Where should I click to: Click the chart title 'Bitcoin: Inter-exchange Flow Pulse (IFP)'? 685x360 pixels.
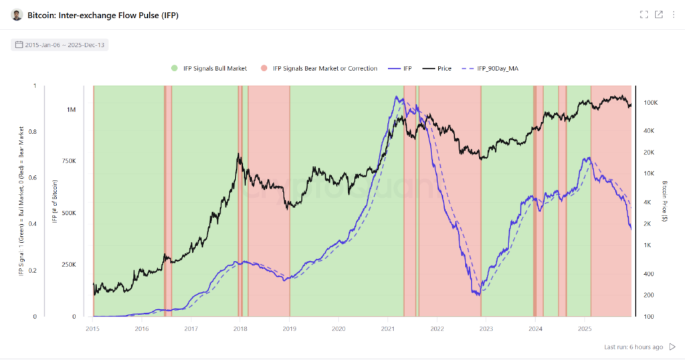(102, 15)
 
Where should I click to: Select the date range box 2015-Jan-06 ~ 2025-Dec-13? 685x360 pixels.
(60, 45)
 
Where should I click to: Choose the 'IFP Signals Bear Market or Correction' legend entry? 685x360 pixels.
(324, 68)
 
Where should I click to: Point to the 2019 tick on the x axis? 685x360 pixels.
(289, 329)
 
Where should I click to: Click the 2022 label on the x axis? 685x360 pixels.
(437, 329)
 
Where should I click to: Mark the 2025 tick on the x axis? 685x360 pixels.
(585, 329)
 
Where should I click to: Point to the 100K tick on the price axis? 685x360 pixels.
(650, 102)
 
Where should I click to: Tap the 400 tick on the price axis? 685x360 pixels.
(648, 273)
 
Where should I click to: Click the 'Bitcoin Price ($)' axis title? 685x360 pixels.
(665, 201)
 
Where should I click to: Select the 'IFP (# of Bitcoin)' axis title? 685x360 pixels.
(55, 201)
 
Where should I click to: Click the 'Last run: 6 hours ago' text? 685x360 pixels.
(633, 347)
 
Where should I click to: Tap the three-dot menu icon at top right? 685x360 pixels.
(673, 15)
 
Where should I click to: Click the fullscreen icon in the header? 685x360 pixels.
(644, 15)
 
